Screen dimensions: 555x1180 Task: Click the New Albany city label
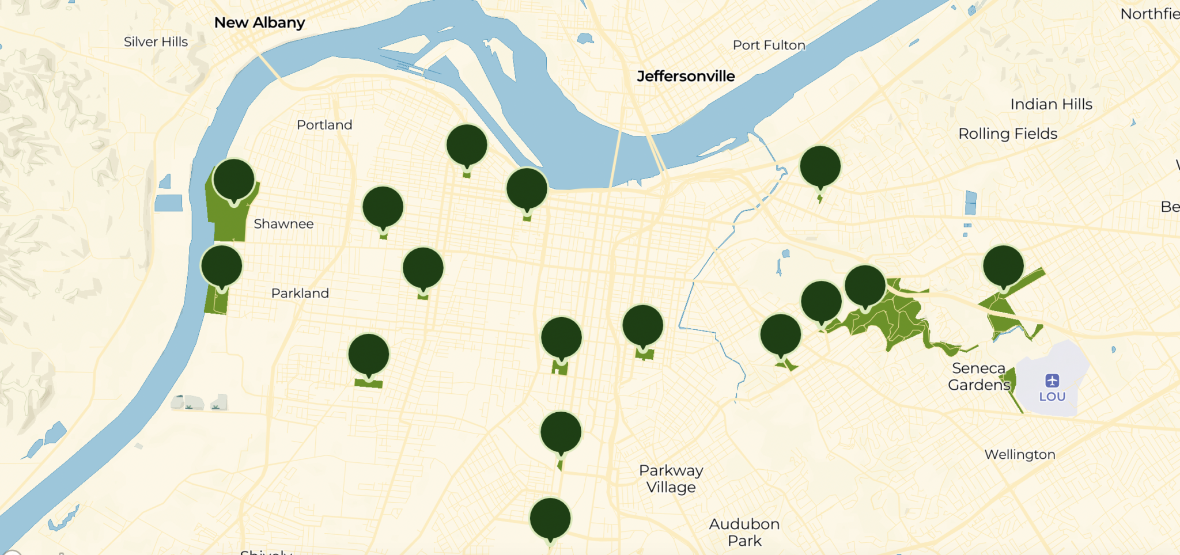(x=259, y=22)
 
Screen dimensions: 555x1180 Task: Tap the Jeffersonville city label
(x=686, y=76)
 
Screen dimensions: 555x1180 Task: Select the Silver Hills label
(x=156, y=41)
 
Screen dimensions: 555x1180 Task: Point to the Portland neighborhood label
(x=324, y=125)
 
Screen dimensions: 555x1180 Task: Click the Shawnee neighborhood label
(x=283, y=224)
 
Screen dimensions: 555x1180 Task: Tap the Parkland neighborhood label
(x=300, y=293)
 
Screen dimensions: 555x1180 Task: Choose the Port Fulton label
(x=769, y=45)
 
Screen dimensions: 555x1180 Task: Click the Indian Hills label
(x=1051, y=104)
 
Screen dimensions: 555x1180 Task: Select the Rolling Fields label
(x=1008, y=134)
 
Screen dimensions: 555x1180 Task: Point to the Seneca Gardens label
(x=979, y=377)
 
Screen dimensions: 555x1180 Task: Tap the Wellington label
(x=1019, y=454)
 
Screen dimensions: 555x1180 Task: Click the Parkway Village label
(x=671, y=478)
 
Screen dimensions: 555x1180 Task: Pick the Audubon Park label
(x=744, y=532)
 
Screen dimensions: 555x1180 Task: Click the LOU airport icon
(x=1052, y=381)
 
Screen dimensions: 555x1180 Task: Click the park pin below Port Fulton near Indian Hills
(x=820, y=166)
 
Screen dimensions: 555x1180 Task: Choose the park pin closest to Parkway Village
(x=561, y=432)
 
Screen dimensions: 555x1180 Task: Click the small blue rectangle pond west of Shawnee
(x=168, y=203)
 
